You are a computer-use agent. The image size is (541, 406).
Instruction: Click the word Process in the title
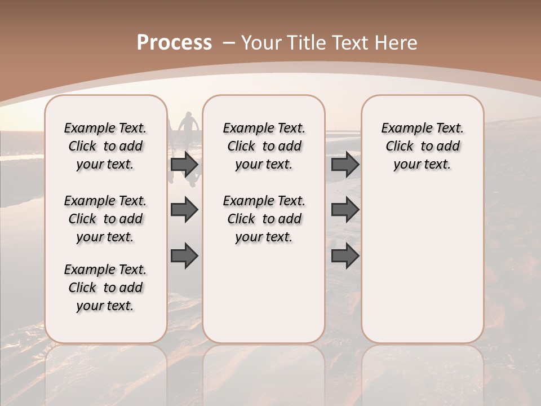pos(174,43)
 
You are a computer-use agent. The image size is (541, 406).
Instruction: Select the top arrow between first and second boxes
pos(184,165)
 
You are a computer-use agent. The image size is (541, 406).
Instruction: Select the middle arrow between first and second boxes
pos(184,210)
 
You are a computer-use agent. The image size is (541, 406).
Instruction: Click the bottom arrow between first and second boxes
pos(184,255)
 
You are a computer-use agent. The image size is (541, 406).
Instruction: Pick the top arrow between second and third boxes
pos(345,165)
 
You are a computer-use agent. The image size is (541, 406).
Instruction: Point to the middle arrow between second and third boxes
pos(345,210)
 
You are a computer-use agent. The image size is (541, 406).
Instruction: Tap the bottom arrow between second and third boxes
pos(345,255)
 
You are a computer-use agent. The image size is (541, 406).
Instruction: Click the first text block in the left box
pos(105,146)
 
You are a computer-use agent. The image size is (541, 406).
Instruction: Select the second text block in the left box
pos(105,219)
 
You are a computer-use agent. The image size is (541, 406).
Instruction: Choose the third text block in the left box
pos(105,288)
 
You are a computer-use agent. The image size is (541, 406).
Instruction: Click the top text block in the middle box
pos(264,146)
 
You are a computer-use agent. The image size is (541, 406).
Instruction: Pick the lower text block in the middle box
pos(264,219)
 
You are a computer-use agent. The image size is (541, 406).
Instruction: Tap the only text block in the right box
pos(422,146)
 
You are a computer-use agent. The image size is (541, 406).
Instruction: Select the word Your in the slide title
pos(262,43)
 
